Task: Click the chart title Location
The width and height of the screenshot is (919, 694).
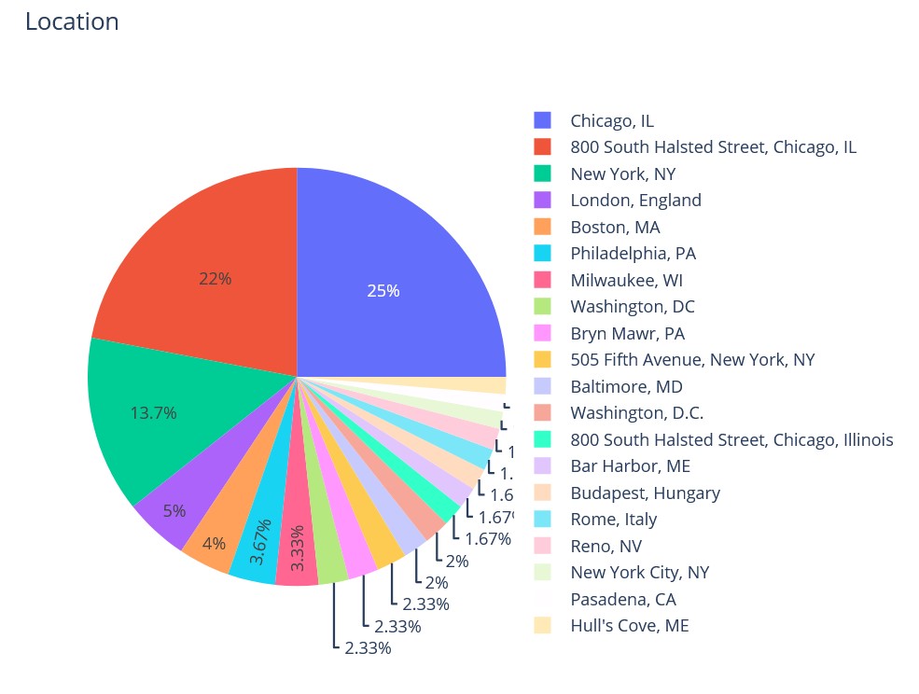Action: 72,21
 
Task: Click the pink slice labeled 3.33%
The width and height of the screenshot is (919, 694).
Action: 297,560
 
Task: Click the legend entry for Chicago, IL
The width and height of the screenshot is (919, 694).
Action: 612,120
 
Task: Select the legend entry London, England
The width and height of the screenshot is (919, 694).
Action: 635,201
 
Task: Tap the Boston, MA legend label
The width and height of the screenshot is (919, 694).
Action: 615,227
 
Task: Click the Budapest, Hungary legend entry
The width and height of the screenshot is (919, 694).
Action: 645,493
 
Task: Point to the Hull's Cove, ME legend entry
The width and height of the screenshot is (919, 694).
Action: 629,626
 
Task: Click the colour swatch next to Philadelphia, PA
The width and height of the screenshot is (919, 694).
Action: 543,254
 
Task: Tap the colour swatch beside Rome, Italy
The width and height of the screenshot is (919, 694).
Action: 543,520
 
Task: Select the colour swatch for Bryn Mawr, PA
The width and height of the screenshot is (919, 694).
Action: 543,333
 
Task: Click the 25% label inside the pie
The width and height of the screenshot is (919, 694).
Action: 383,291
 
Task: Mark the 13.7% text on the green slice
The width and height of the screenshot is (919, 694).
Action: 153,412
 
